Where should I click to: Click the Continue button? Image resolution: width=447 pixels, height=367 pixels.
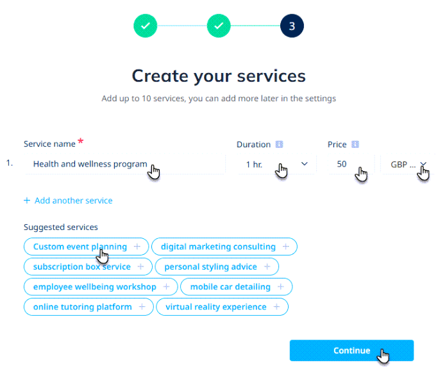[x=351, y=350]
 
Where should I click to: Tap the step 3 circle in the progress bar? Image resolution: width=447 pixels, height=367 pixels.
[x=292, y=26]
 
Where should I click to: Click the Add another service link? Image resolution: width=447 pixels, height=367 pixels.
[x=68, y=200]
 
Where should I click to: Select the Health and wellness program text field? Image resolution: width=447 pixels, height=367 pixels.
[x=124, y=164]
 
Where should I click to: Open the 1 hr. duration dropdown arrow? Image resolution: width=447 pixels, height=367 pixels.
[x=305, y=164]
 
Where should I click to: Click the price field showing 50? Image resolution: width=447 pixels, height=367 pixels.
[x=351, y=164]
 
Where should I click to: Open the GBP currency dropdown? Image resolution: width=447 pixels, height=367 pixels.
[x=408, y=164]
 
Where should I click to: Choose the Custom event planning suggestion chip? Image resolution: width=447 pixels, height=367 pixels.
[x=86, y=247]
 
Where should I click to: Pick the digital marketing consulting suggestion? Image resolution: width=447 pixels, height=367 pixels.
[x=224, y=247]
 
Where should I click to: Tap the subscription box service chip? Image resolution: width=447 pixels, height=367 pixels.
[x=88, y=267]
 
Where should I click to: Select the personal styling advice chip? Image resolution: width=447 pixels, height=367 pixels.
[x=217, y=267]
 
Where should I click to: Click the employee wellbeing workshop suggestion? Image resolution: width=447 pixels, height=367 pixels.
[x=101, y=287]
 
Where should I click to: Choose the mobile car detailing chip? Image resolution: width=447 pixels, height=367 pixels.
[x=237, y=287]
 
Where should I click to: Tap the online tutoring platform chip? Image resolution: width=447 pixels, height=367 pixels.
[x=89, y=307]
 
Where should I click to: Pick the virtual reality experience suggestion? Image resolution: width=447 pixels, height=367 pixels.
[x=223, y=307]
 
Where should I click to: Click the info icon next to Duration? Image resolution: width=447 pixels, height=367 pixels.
[x=279, y=144]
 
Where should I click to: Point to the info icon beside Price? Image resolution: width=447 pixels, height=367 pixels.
[x=355, y=144]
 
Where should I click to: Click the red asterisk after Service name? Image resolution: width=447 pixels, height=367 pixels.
[x=81, y=141]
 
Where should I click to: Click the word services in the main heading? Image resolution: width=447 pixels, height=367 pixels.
[x=271, y=76]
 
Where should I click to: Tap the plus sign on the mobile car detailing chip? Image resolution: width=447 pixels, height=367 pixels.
[x=281, y=287]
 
